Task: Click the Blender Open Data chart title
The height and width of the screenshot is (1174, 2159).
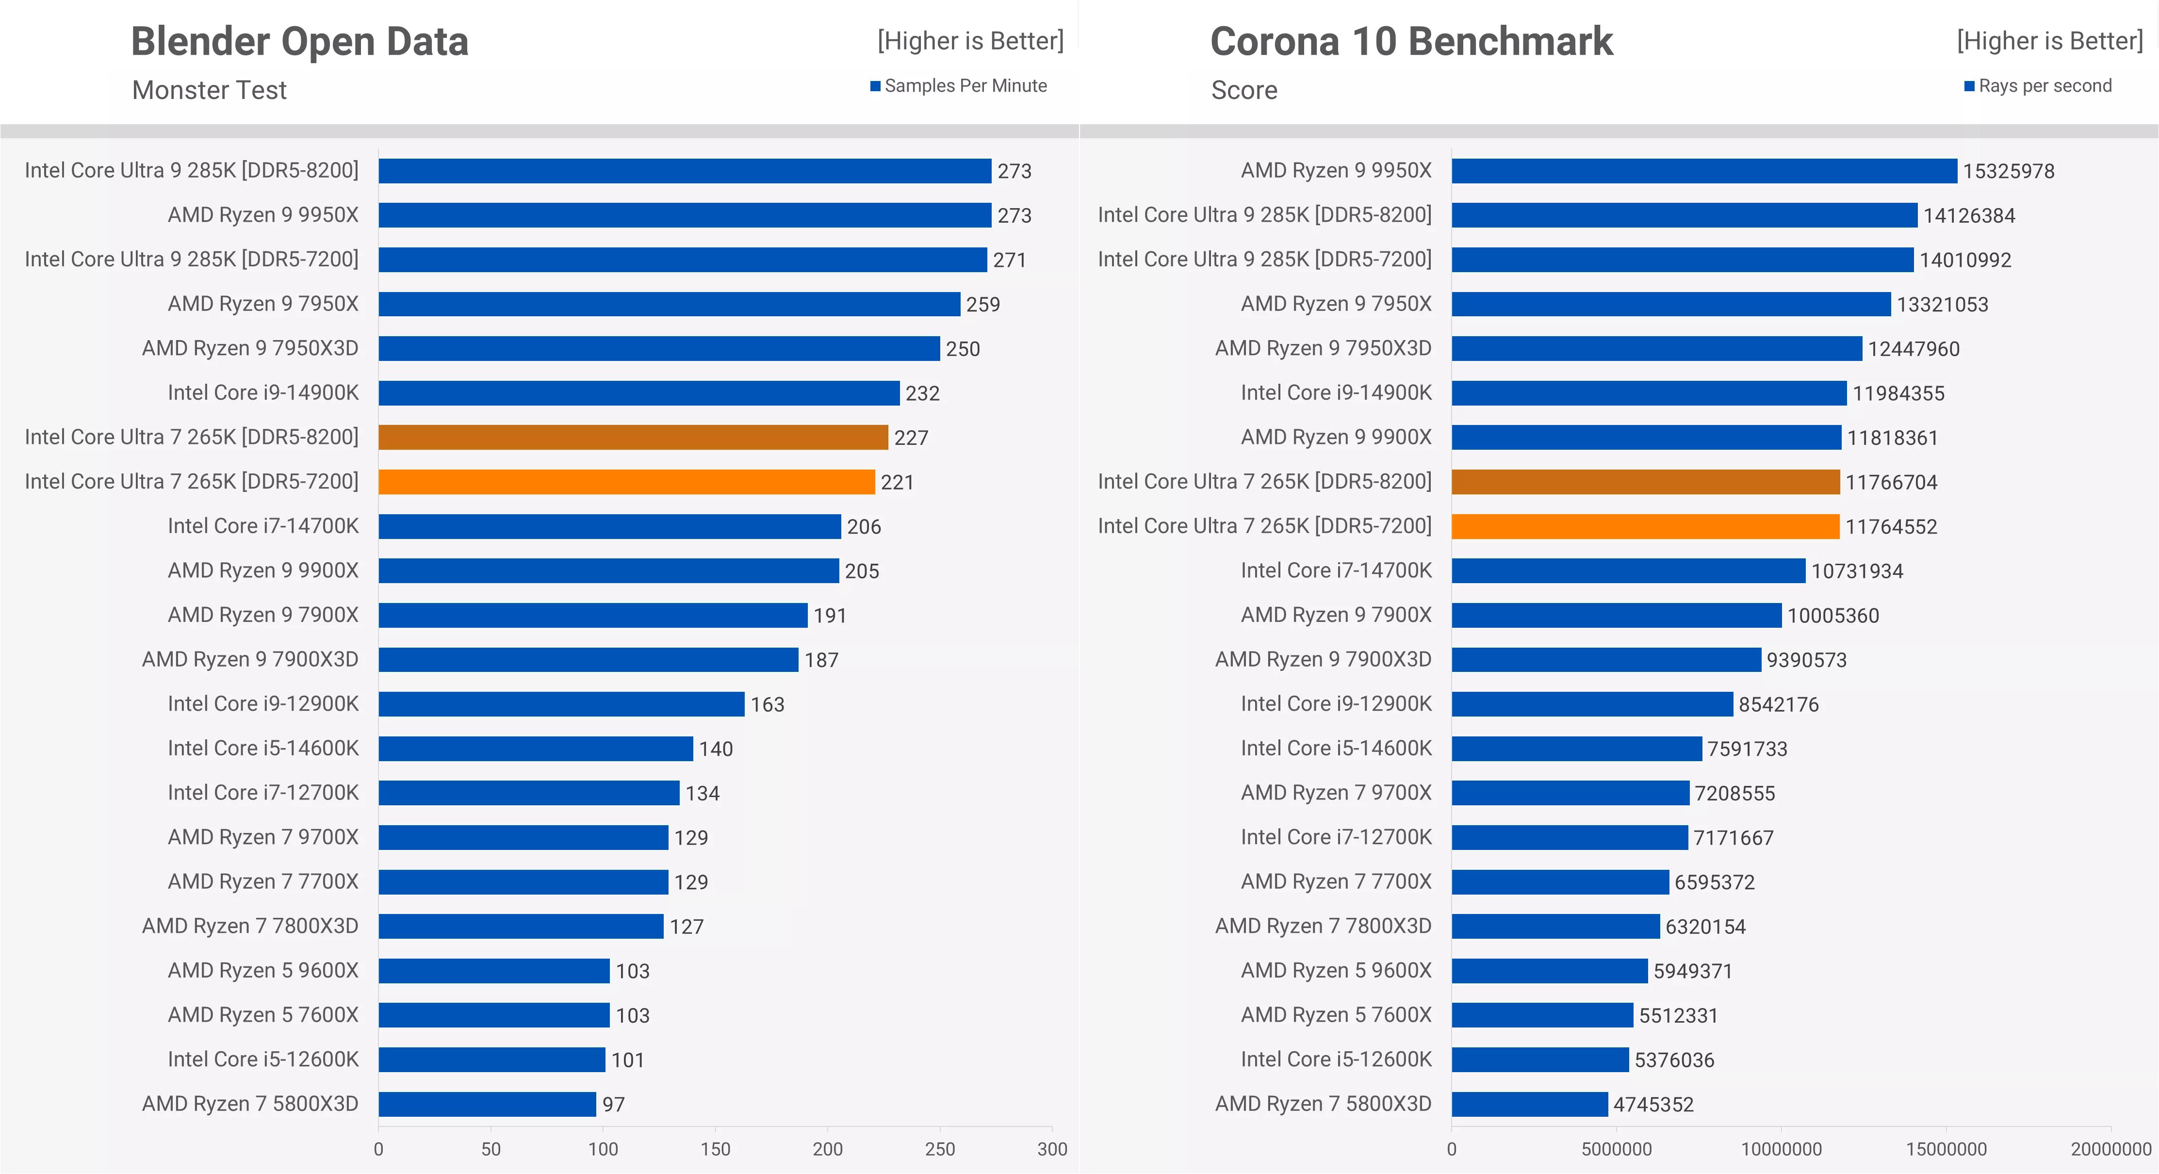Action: pos(299,42)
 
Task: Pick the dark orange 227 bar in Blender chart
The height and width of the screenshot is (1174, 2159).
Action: pos(633,438)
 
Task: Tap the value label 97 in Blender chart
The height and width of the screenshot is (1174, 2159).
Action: pos(614,1105)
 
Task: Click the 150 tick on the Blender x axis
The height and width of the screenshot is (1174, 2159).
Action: pos(715,1149)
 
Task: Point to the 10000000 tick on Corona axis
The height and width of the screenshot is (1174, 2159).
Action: pos(1781,1149)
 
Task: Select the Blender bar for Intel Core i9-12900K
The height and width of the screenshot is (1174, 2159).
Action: pos(561,704)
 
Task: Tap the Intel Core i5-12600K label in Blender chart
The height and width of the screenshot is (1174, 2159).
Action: pos(262,1059)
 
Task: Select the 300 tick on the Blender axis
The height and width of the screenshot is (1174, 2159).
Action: pos(1052,1149)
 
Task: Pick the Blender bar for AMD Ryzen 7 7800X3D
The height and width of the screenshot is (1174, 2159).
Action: pos(521,926)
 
